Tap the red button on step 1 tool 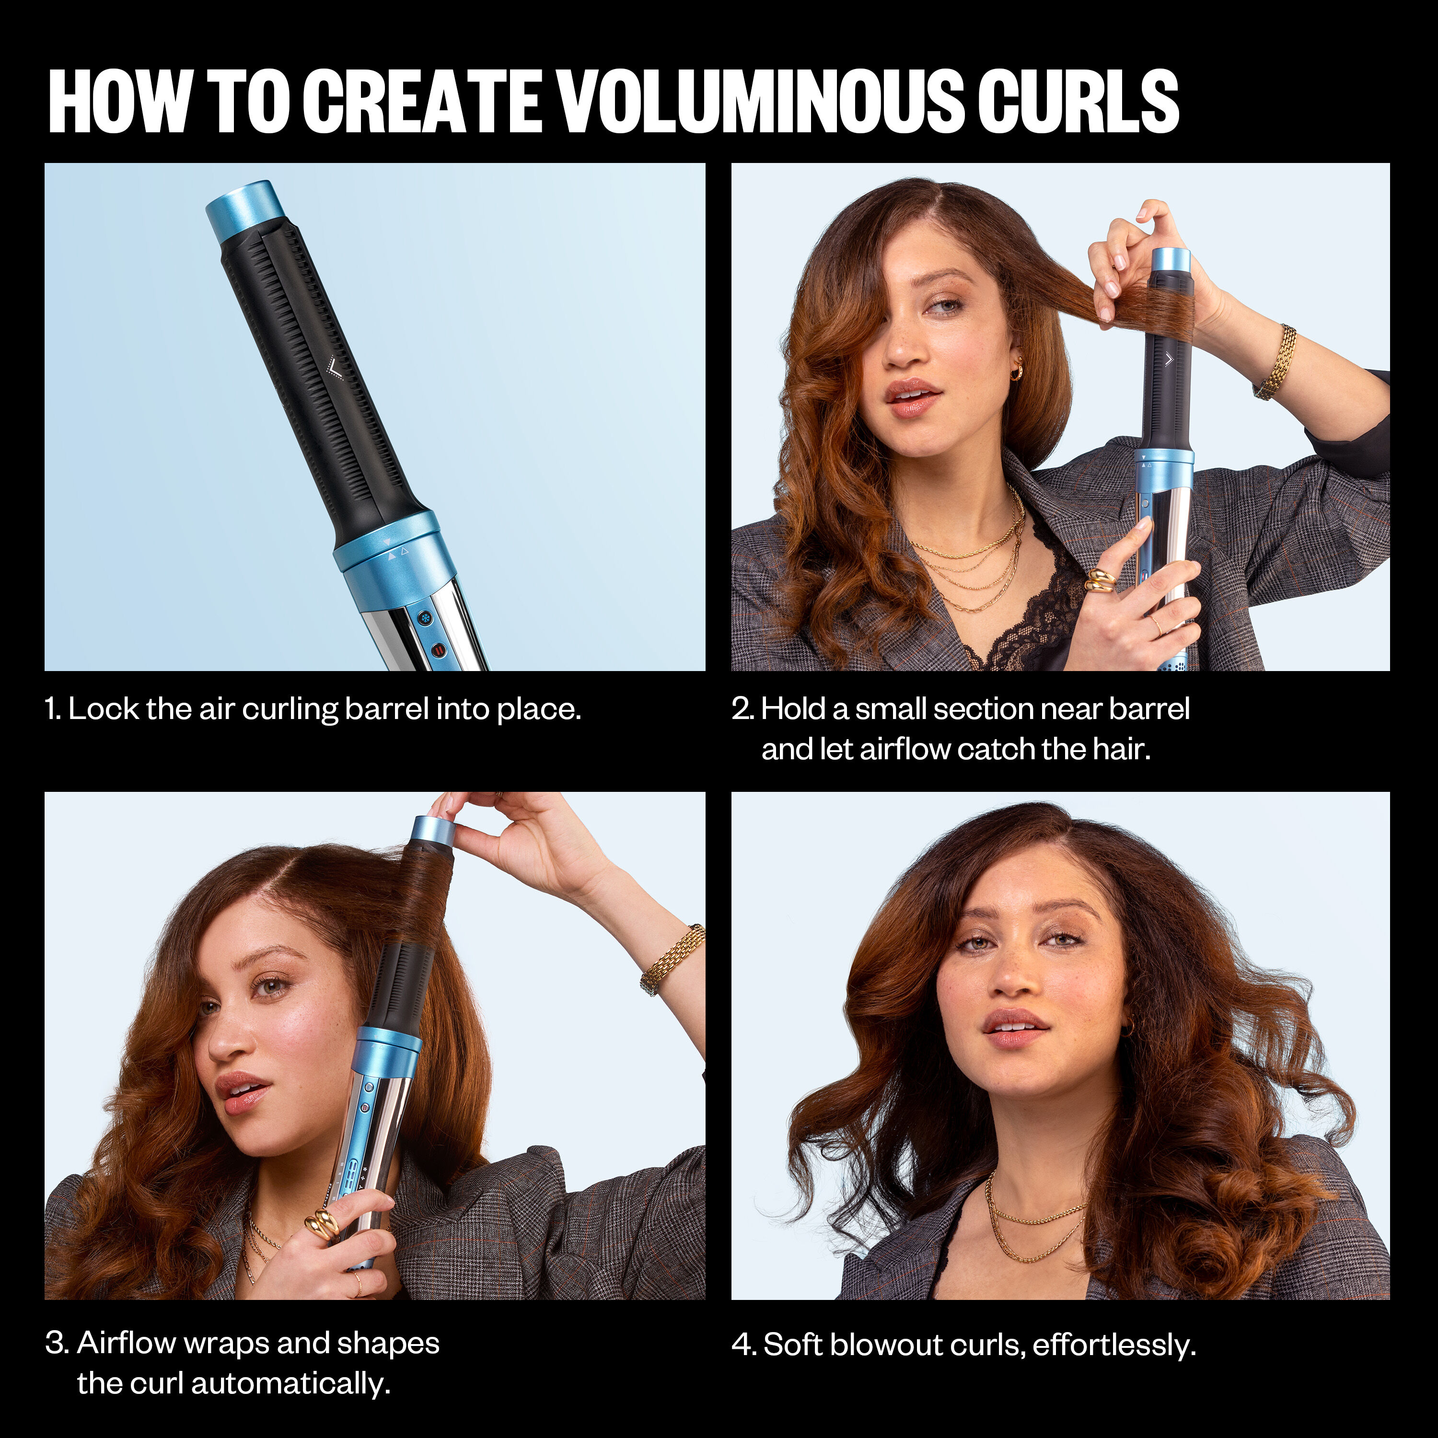pyautogui.click(x=439, y=650)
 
